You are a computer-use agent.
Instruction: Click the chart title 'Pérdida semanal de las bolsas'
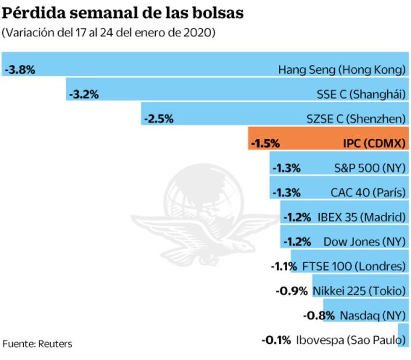pyautogui.click(x=123, y=12)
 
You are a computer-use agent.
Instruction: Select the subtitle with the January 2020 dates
pyautogui.click(x=109, y=33)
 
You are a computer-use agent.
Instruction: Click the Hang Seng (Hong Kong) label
pyautogui.click(x=341, y=70)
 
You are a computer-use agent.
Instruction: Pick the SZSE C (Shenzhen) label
pyautogui.click(x=355, y=119)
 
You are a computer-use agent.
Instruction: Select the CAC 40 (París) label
pyautogui.click(x=367, y=192)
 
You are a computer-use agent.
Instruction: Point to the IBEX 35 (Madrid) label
pyautogui.click(x=361, y=217)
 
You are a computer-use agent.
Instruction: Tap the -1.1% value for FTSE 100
pyautogui.click(x=284, y=267)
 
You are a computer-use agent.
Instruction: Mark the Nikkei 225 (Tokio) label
pyautogui.click(x=359, y=291)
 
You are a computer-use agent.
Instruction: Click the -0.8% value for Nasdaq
pyautogui.click(x=319, y=316)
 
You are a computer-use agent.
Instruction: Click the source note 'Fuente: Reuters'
pyautogui.click(x=37, y=344)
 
